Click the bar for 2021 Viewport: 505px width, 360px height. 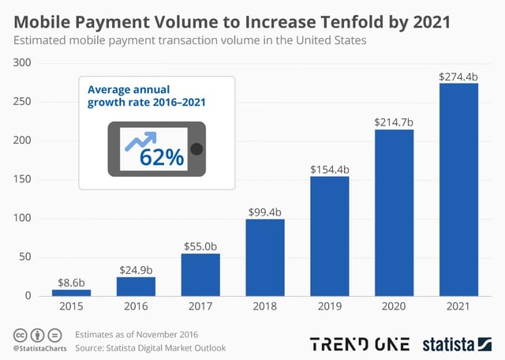(x=458, y=189)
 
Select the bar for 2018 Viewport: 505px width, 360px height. (x=265, y=257)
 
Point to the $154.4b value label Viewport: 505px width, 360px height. (x=330, y=169)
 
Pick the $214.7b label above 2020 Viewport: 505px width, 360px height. (x=394, y=122)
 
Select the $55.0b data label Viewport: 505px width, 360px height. (x=200, y=246)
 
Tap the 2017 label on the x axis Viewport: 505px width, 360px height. (x=200, y=308)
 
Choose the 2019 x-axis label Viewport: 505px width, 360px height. (x=330, y=308)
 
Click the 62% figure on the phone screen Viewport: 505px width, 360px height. (x=162, y=157)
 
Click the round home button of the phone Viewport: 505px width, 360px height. (x=197, y=149)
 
